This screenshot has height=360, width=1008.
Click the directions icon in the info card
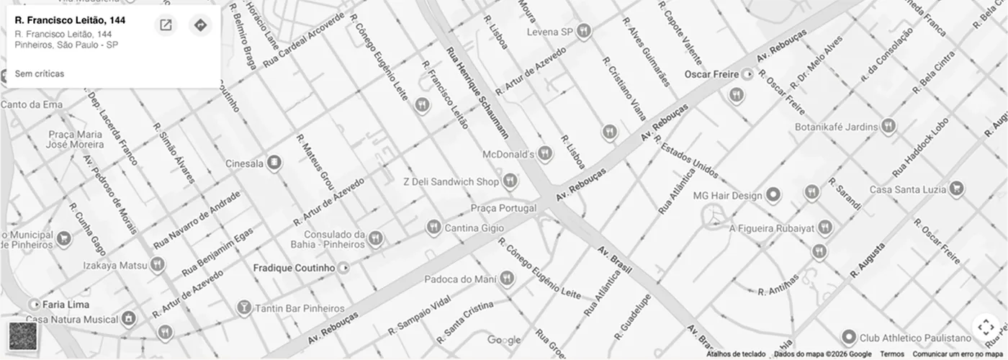tap(200, 25)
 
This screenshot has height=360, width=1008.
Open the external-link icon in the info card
tap(166, 25)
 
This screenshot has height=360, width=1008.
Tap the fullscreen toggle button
tap(985, 327)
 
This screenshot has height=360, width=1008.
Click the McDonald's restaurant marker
tap(545, 153)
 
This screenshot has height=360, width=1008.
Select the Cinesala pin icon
tap(274, 163)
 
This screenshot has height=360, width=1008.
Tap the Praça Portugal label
tap(503, 208)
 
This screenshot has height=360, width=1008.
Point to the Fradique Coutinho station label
tap(294, 268)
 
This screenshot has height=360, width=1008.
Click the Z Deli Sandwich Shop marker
tap(510, 181)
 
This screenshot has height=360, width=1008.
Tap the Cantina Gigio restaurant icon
tap(433, 228)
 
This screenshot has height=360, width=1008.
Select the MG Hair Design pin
tap(773, 194)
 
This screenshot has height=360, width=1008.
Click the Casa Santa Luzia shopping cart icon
tap(956, 189)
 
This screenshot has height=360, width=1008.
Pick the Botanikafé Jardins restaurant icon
tap(888, 126)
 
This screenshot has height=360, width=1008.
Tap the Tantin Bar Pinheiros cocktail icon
tap(244, 307)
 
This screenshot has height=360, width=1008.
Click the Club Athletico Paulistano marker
tap(849, 337)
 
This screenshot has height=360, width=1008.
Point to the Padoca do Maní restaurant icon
tap(507, 279)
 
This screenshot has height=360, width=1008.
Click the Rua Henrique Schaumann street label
tap(477, 92)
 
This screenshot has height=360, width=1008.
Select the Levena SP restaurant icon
tap(584, 31)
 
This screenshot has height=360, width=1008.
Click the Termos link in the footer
tap(891, 354)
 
